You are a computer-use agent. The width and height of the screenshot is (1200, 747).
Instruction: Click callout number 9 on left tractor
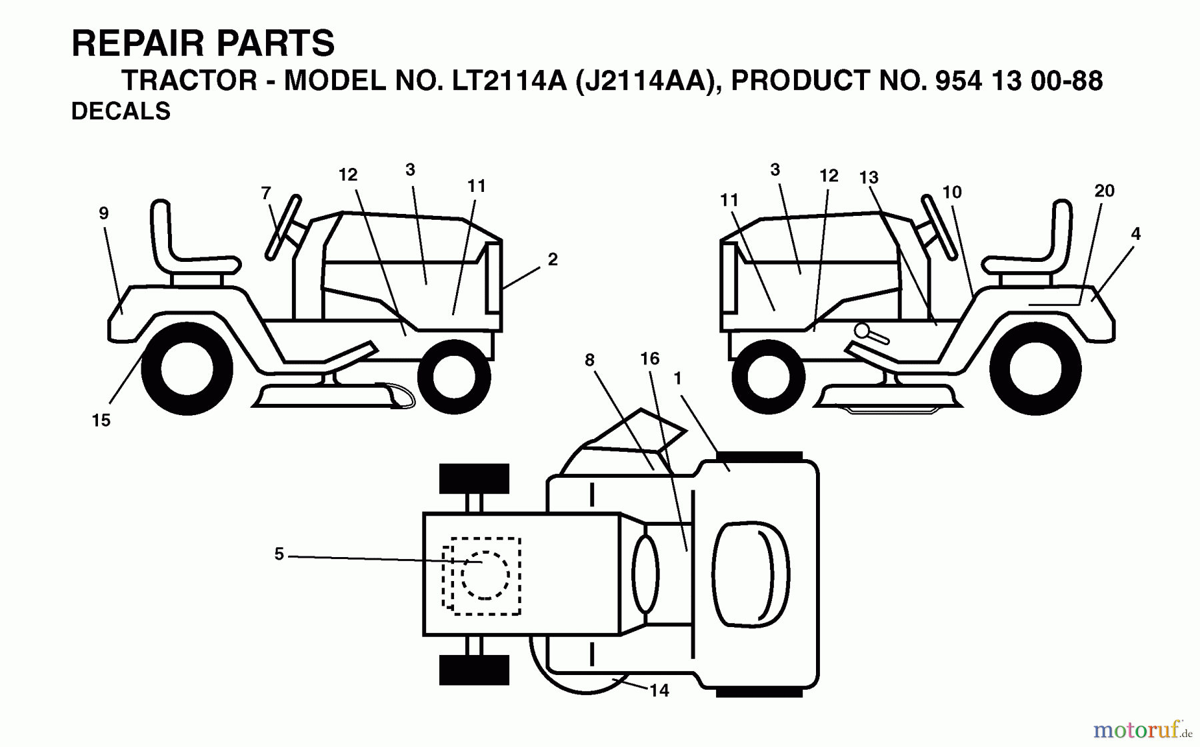pyautogui.click(x=103, y=213)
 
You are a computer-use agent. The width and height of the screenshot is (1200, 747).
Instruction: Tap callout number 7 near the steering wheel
pyautogui.click(x=266, y=193)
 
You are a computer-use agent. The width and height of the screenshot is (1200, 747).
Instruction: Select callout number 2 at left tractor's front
pyautogui.click(x=552, y=260)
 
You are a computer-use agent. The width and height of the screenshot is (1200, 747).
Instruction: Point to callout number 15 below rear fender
pyautogui.click(x=101, y=420)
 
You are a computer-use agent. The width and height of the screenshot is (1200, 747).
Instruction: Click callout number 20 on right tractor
pyautogui.click(x=1104, y=191)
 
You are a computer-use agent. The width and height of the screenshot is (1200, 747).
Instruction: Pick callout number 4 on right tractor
pyautogui.click(x=1135, y=234)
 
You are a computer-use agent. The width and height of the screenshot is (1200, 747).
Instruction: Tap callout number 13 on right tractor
pyautogui.click(x=868, y=178)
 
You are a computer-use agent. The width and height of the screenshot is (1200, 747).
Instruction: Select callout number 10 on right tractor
pyautogui.click(x=951, y=193)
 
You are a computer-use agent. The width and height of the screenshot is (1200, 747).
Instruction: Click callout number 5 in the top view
pyautogui.click(x=279, y=554)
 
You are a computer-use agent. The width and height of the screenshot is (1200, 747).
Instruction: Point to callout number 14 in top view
pyautogui.click(x=659, y=690)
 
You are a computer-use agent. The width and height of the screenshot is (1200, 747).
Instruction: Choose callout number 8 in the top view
pyautogui.click(x=589, y=361)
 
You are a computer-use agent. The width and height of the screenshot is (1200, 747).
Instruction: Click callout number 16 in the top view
pyautogui.click(x=649, y=359)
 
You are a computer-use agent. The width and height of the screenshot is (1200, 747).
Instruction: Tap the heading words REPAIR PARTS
pyautogui.click(x=203, y=44)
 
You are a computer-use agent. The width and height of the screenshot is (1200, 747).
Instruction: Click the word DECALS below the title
pyautogui.click(x=121, y=111)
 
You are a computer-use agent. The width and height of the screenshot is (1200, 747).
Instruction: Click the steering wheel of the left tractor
pyautogui.click(x=284, y=227)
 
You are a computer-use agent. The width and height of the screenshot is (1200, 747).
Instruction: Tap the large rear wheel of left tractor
pyautogui.click(x=187, y=369)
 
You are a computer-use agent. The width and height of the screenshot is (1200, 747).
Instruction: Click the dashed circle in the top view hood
pyautogui.click(x=485, y=575)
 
